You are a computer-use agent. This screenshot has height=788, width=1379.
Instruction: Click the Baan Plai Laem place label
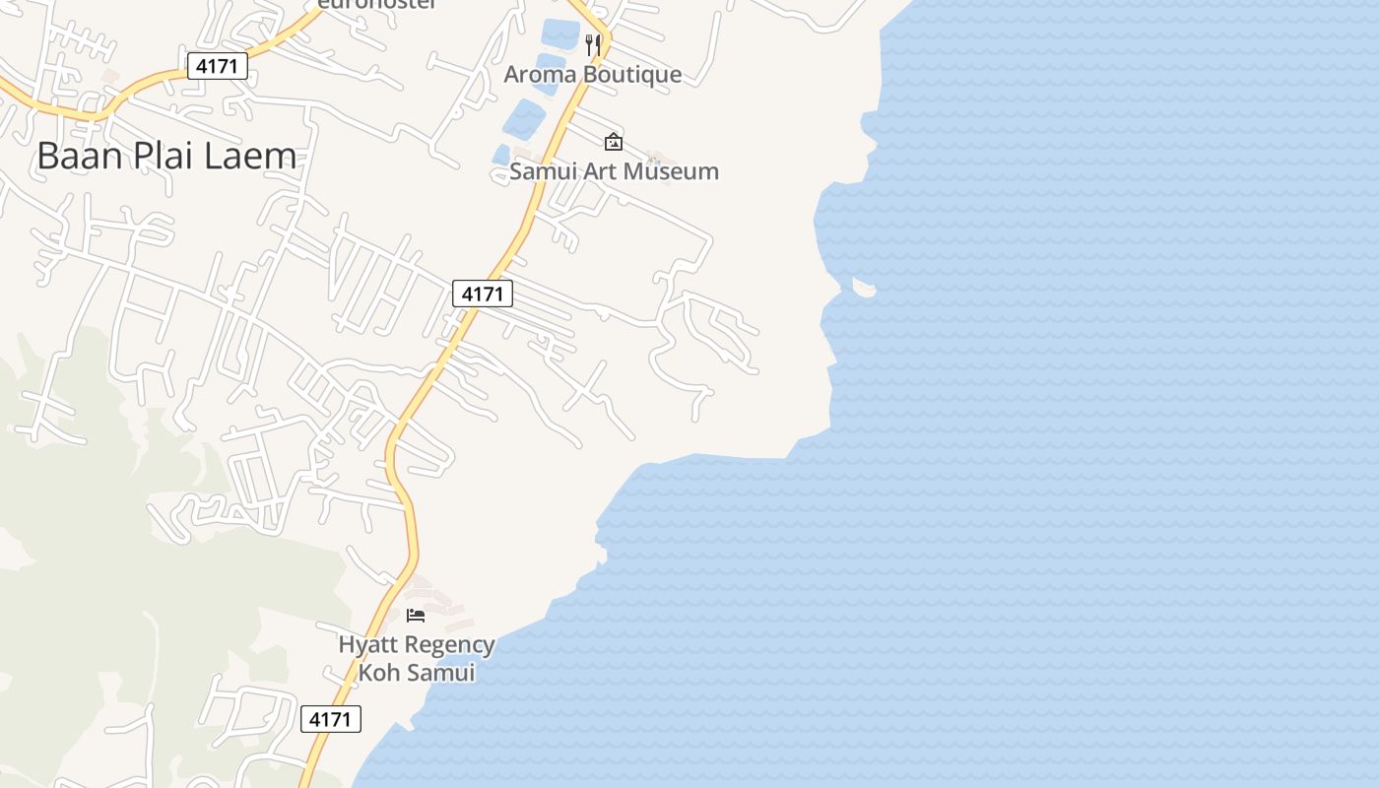pyautogui.click(x=166, y=157)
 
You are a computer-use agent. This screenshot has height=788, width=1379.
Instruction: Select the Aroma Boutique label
pyautogui.click(x=593, y=75)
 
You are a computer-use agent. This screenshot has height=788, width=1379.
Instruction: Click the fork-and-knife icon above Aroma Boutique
pyautogui.click(x=593, y=44)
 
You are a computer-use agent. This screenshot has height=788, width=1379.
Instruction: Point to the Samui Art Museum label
pyautogui.click(x=614, y=171)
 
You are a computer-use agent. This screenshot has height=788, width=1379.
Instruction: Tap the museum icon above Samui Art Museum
pyautogui.click(x=614, y=142)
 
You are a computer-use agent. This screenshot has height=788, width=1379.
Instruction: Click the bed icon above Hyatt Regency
pyautogui.click(x=416, y=616)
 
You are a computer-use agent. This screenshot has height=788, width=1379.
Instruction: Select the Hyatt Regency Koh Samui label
pyautogui.click(x=417, y=659)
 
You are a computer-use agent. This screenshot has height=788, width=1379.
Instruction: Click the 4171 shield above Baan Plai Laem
pyautogui.click(x=218, y=67)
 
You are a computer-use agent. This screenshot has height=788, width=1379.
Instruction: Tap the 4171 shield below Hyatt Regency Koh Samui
pyautogui.click(x=330, y=719)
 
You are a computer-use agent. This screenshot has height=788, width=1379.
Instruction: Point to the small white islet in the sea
pyautogui.click(x=864, y=288)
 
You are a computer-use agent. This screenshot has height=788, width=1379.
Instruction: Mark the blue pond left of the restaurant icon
pyautogui.click(x=559, y=33)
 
